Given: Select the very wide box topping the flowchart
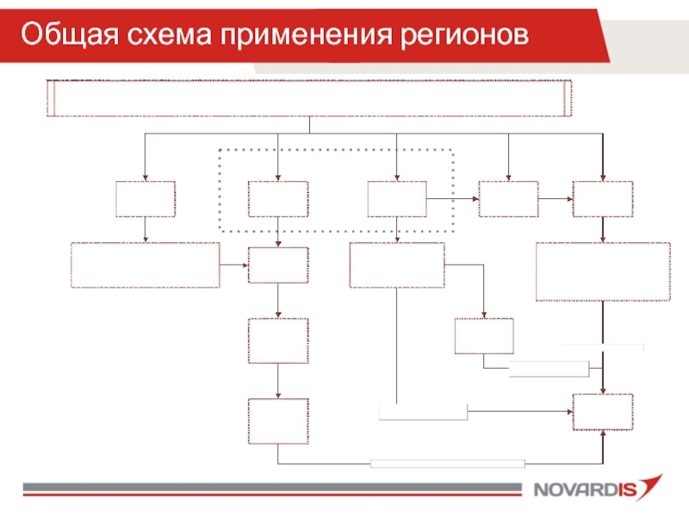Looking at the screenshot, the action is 309,97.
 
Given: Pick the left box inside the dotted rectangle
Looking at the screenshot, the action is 277,199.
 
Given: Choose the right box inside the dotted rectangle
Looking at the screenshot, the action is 396,199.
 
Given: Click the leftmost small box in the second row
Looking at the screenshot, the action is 146,199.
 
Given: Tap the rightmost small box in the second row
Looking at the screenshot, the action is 603,199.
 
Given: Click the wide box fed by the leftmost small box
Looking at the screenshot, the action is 145,265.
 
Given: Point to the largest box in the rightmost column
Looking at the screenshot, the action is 603,271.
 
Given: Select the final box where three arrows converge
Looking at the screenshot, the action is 603,412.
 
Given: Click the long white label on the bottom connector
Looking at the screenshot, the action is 447,464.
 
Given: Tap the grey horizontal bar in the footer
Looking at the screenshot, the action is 271,489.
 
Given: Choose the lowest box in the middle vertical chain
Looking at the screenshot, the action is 277,421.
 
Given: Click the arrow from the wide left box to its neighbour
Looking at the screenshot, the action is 233,265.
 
